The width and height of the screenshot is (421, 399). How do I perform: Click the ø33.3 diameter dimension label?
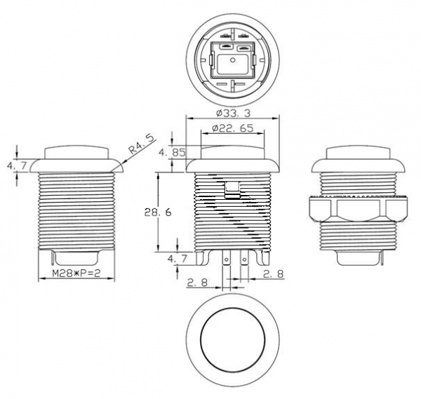tap(233, 113)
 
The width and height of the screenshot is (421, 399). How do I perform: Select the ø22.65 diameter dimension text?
tap(232, 128)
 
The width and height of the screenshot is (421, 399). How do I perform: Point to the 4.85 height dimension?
tap(172, 152)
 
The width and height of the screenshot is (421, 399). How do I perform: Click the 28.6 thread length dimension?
tap(158, 212)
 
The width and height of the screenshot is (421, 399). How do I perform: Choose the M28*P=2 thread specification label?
tap(76, 273)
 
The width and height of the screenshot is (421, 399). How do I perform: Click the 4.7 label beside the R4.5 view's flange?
tap(17, 165)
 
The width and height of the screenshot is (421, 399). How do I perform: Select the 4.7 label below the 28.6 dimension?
tap(178, 259)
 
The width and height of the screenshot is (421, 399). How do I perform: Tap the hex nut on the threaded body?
tap(359, 209)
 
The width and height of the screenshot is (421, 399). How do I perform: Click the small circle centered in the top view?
tap(233, 60)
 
